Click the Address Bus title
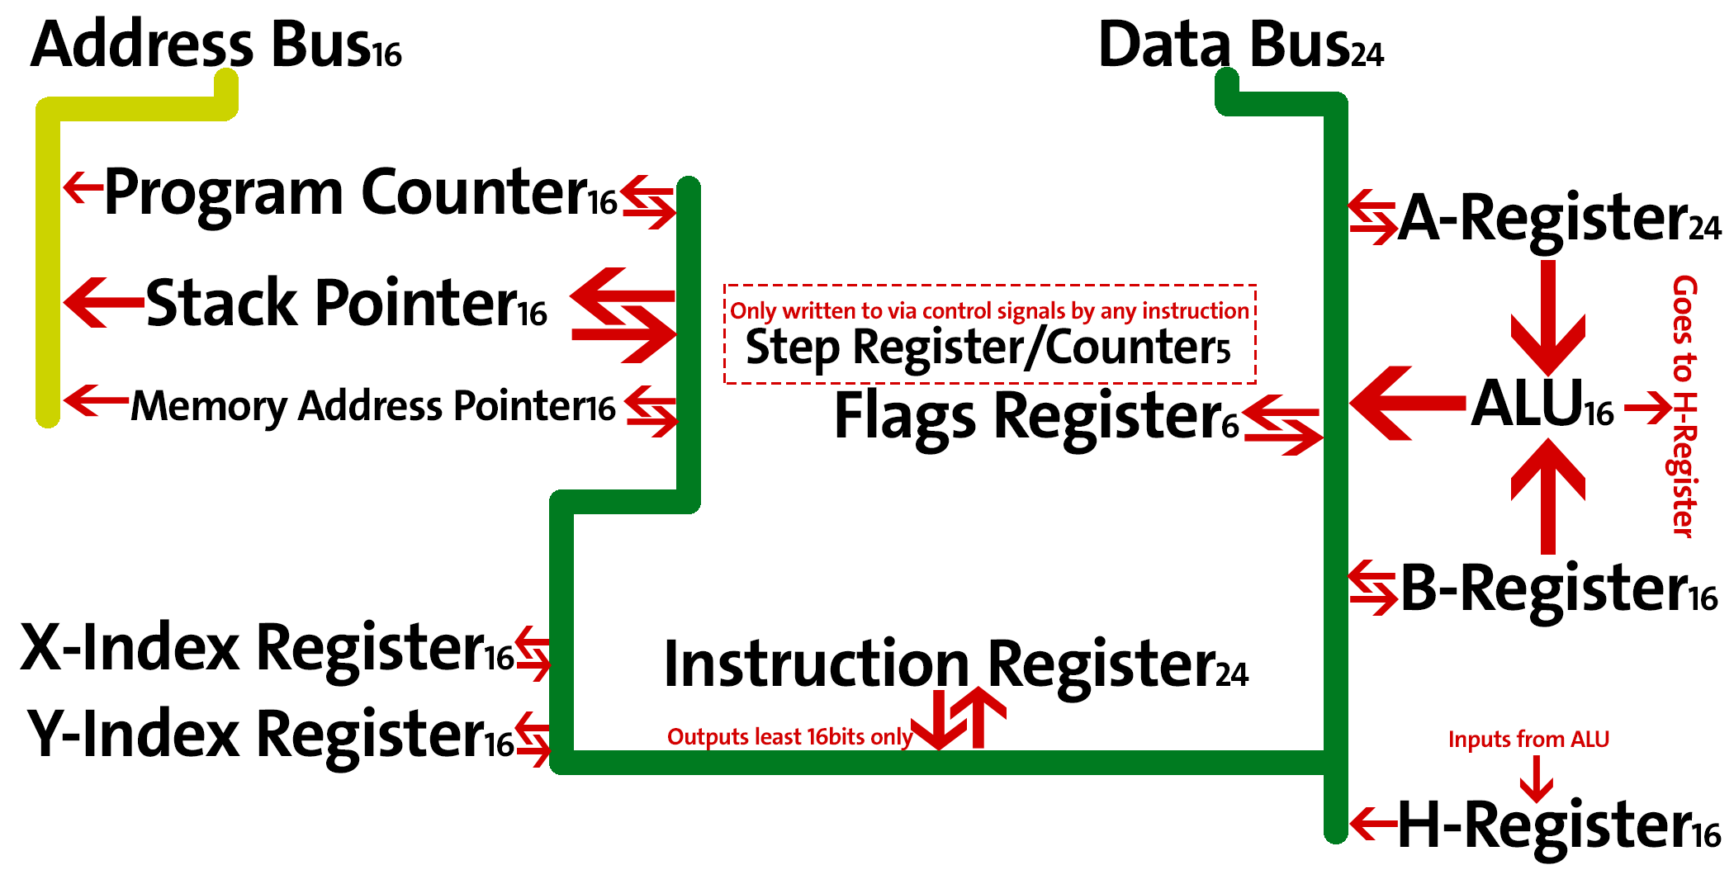click(x=215, y=45)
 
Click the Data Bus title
click(x=1239, y=45)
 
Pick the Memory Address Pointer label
click(x=372, y=406)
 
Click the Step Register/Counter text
click(x=987, y=347)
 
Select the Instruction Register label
click(x=955, y=665)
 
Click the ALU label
click(x=1541, y=404)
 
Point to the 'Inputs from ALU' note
click(x=1528, y=740)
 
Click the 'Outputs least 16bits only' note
click(x=789, y=737)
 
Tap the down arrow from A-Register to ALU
click(x=1548, y=318)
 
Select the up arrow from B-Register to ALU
click(x=1548, y=495)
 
